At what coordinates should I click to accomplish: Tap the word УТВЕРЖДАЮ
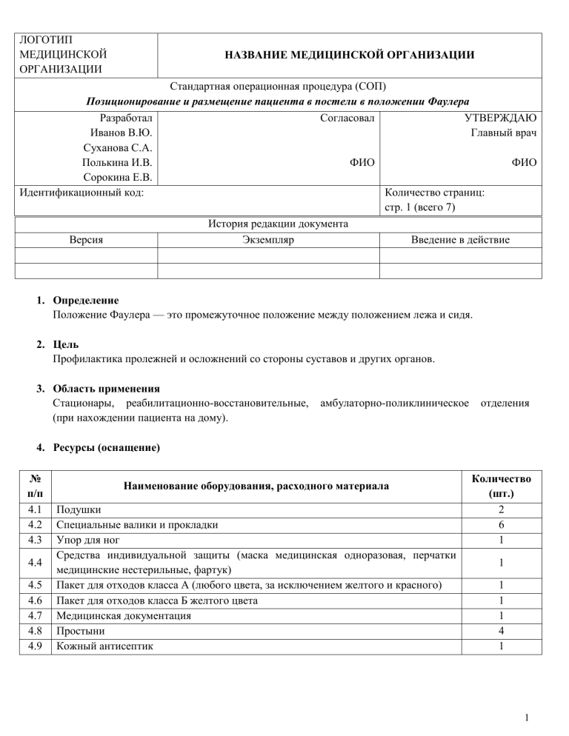(x=500, y=118)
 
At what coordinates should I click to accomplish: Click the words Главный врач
(x=504, y=133)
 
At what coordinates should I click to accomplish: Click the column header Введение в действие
(x=459, y=240)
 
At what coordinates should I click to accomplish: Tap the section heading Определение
(x=85, y=301)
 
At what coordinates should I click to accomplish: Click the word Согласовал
(x=345, y=118)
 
